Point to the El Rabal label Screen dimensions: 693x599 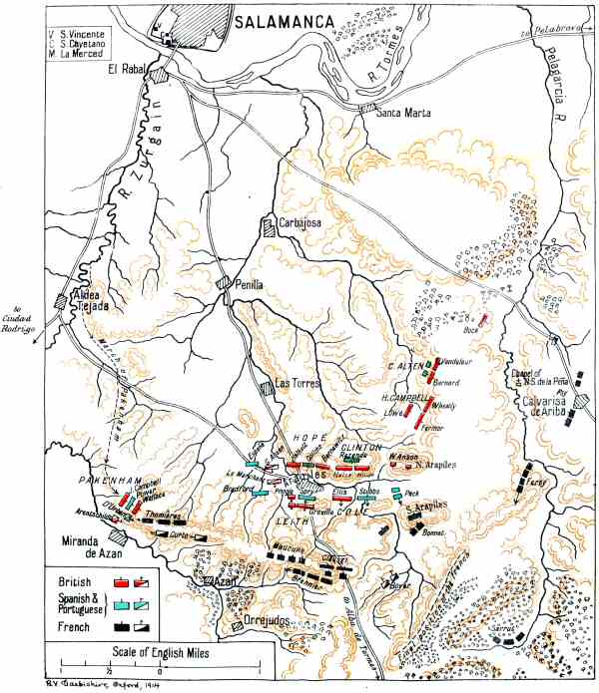pos(129,69)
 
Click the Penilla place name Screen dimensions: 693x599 pos(248,284)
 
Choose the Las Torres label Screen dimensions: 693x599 pos(296,382)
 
